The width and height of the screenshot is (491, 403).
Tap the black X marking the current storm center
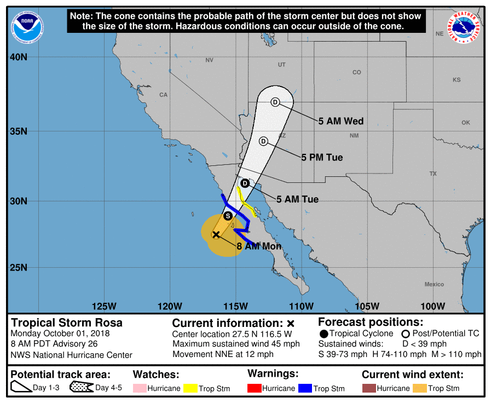(x=216, y=234)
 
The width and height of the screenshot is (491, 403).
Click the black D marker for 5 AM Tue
(x=245, y=183)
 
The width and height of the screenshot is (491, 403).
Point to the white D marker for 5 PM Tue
(x=263, y=141)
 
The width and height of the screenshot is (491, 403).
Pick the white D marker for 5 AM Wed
(x=275, y=102)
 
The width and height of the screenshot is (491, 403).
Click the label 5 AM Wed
(x=341, y=121)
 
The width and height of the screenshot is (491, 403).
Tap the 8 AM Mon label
(x=259, y=246)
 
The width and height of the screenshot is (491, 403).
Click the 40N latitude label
(x=20, y=57)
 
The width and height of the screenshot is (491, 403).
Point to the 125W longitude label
(x=104, y=306)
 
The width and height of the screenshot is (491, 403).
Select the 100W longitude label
(x=433, y=306)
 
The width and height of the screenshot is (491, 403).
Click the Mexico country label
(x=434, y=284)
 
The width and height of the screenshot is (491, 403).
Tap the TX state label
(x=433, y=174)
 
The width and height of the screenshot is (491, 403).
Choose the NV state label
(x=209, y=60)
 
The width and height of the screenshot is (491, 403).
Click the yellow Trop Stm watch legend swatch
(x=190, y=388)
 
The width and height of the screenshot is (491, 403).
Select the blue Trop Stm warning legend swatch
(x=305, y=388)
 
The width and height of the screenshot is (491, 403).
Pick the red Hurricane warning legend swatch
(x=255, y=388)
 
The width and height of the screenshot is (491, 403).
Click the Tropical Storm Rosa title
(x=67, y=323)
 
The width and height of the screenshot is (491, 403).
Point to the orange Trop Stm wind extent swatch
(x=419, y=388)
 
